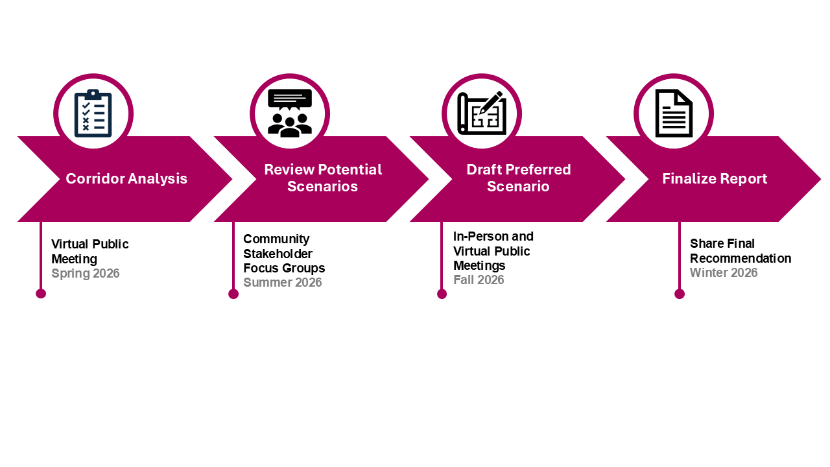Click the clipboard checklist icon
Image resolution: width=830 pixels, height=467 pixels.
click(x=93, y=114)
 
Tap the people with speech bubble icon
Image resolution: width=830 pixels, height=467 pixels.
click(x=290, y=113)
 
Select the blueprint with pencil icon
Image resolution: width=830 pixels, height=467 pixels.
click(x=481, y=113)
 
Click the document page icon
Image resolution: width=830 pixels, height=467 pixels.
click(x=674, y=114)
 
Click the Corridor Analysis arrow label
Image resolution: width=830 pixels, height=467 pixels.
click(x=126, y=178)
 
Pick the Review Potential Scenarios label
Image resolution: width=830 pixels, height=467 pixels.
click(x=323, y=178)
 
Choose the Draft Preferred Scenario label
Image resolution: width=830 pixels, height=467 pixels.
click(x=519, y=178)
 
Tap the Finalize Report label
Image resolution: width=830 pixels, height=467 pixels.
click(x=715, y=178)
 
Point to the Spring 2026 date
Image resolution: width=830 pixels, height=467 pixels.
click(x=86, y=274)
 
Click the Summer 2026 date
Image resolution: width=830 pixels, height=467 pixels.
click(x=282, y=283)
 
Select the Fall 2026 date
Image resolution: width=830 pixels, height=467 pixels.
click(x=479, y=280)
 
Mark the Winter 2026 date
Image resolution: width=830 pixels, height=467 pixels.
click(x=724, y=273)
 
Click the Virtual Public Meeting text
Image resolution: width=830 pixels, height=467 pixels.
click(x=90, y=252)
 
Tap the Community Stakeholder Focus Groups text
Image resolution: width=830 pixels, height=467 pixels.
click(x=284, y=254)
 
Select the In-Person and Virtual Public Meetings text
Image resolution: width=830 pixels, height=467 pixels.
click(x=493, y=251)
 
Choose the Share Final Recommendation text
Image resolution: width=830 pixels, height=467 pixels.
click(x=741, y=251)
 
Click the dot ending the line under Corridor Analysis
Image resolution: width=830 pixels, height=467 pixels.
click(x=41, y=294)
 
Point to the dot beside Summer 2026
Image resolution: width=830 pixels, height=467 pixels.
click(x=233, y=294)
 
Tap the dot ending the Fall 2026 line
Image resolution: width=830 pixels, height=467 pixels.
click(x=442, y=294)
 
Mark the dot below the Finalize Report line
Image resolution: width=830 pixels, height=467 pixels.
click(x=680, y=294)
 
